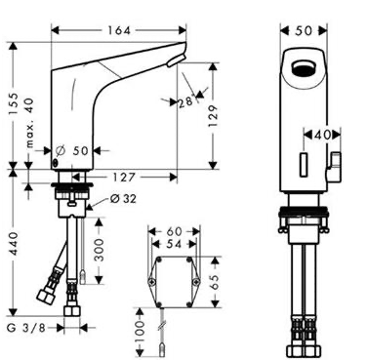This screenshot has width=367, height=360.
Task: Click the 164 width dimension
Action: pos(119,30)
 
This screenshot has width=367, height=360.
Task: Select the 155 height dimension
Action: pos(14,104)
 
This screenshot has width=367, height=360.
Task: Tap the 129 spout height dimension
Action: pos(213,116)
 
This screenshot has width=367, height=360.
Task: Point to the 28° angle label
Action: pos(186,101)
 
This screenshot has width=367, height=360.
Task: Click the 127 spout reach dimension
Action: pos(124,178)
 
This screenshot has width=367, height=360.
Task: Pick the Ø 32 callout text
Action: pos(123,198)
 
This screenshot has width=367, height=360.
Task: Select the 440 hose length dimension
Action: pos(14,243)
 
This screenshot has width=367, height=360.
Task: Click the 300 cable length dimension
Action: pos(99,250)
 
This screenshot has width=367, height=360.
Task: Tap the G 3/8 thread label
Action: pos(26,328)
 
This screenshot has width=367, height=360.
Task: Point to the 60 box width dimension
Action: pos(174,231)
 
